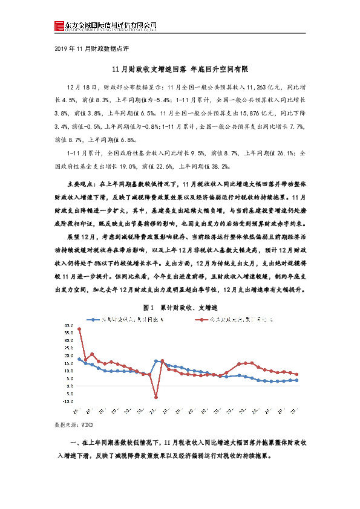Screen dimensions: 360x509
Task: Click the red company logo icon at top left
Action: click(59, 25)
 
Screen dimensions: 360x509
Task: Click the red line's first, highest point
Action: click(79, 329)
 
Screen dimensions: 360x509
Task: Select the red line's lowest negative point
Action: click(156, 397)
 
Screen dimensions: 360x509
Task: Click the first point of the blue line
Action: click(79, 359)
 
